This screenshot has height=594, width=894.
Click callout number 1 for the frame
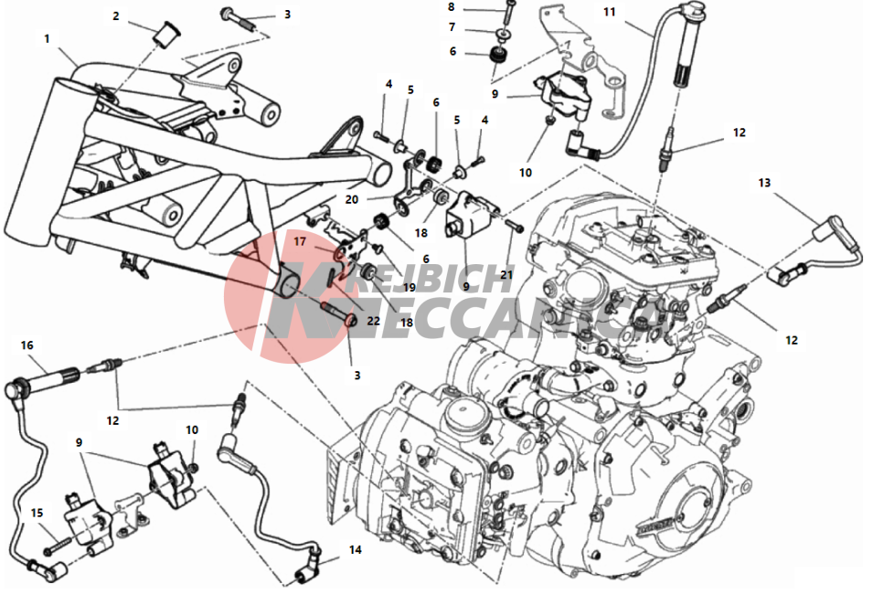tap(47, 38)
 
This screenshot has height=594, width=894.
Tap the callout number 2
tap(116, 16)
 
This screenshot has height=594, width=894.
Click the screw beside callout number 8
tap(509, 9)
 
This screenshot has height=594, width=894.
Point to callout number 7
tap(452, 27)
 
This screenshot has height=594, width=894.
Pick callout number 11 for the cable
tap(610, 11)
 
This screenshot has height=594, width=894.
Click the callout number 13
tap(764, 183)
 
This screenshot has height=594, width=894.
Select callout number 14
tap(356, 549)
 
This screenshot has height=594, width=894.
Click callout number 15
tap(37, 513)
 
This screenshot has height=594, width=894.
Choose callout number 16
tap(27, 345)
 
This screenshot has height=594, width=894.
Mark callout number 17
tap(300, 241)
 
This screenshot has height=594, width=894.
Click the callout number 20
tap(352, 199)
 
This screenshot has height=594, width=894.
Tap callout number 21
tap(506, 275)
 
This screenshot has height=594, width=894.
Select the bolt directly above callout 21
tap(515, 226)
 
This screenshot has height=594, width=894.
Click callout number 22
tap(374, 321)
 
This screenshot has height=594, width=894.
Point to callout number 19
tap(410, 287)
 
